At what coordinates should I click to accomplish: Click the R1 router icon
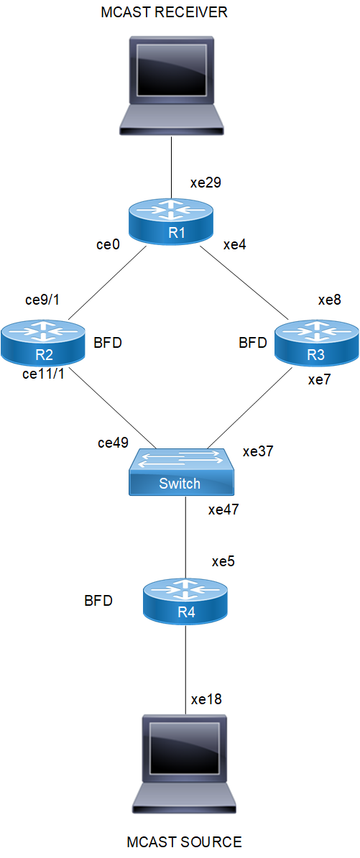tap(172, 221)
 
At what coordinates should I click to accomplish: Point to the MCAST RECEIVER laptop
tap(171, 86)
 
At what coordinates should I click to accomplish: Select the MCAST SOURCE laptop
tap(186, 765)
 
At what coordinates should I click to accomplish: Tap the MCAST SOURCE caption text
tap(184, 840)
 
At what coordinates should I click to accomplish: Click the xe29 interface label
tap(206, 183)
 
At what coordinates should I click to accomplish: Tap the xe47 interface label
tap(224, 510)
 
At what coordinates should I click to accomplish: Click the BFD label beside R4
tap(98, 601)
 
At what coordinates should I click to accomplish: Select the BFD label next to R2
tap(108, 343)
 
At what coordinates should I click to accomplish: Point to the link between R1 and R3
tap(244, 283)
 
